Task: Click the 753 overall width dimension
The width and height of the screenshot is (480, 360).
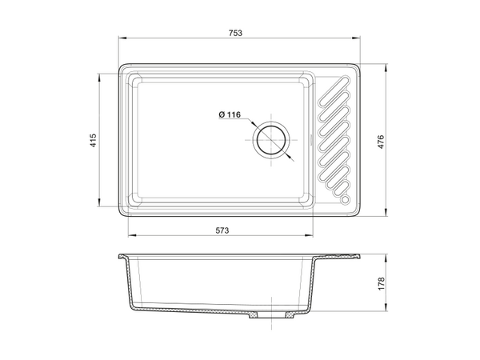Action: click(x=235, y=33)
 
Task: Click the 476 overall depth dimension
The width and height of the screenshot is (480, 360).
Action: click(x=381, y=142)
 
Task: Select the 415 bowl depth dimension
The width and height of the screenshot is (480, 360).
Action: click(x=93, y=140)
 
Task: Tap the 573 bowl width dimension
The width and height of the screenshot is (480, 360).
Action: click(x=222, y=230)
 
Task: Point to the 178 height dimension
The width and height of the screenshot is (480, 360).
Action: click(x=381, y=284)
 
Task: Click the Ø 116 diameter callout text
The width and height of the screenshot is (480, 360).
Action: click(x=230, y=114)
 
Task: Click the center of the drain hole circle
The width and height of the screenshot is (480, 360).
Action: click(x=271, y=141)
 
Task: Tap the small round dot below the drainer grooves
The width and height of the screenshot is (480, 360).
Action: click(x=345, y=199)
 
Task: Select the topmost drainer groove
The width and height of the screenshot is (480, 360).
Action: click(x=334, y=92)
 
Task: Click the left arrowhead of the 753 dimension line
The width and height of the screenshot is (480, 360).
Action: click(x=122, y=38)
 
